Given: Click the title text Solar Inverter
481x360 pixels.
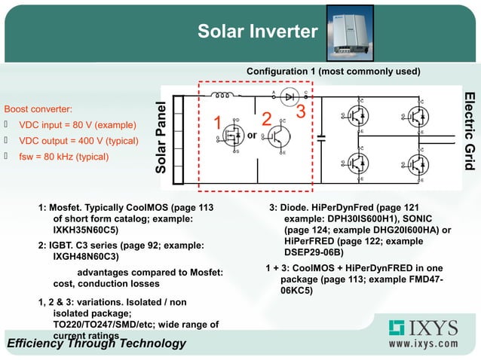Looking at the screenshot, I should (257, 32).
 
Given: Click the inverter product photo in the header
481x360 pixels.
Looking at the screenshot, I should (353, 32).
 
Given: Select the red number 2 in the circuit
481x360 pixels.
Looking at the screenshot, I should (265, 121).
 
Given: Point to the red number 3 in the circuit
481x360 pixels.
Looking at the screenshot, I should (300, 112).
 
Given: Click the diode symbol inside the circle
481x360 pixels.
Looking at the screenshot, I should (287, 96).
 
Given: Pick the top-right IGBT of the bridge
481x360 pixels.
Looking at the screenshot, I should (415, 116).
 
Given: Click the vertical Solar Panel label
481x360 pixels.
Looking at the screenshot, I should (160, 137).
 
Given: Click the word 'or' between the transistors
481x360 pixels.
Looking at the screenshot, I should (253, 136).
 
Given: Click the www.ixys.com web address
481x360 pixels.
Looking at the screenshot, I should (423, 344).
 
